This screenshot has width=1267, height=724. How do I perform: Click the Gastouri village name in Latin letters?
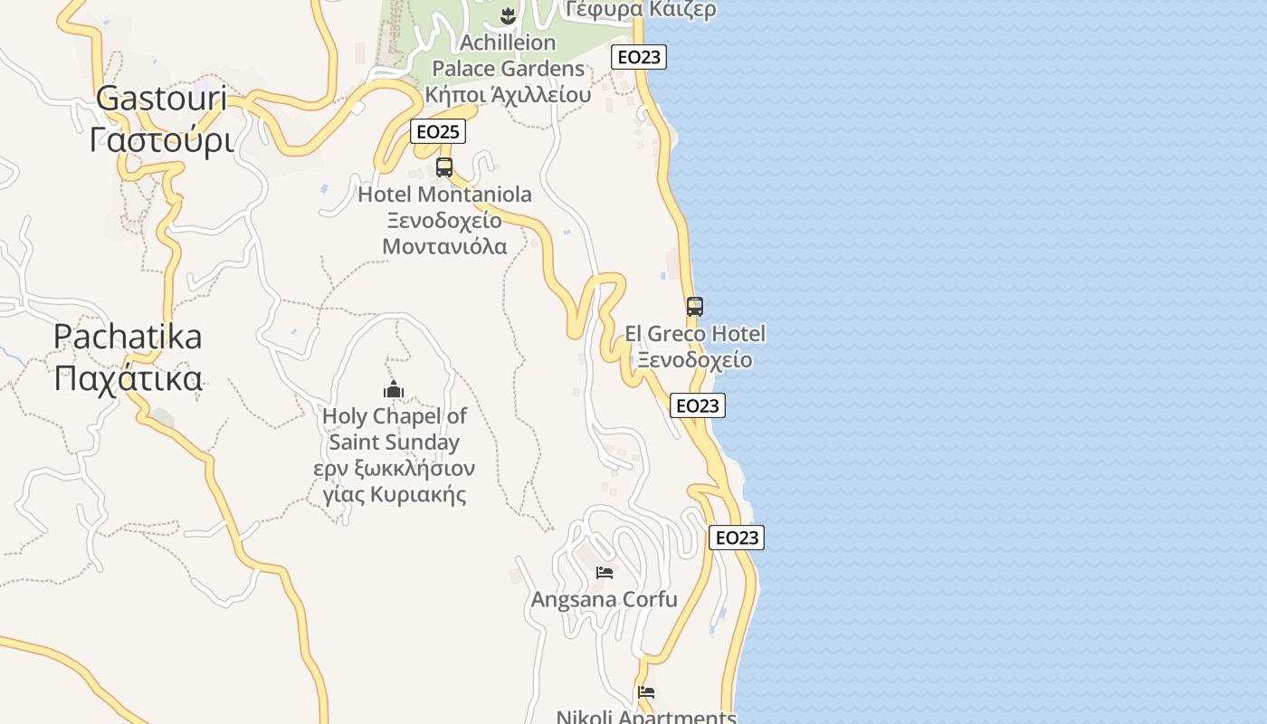161,99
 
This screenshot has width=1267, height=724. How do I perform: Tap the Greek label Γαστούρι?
161,139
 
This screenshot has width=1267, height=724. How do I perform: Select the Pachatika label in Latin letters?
128,337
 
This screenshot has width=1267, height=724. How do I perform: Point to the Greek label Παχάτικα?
128,377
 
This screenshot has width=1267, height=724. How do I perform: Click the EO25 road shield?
437,131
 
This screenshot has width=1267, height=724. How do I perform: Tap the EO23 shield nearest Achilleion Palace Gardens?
638,57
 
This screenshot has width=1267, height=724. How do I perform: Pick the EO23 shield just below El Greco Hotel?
698,405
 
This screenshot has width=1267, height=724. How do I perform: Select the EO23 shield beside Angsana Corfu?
737,538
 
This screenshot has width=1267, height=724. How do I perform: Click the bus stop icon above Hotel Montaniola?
444,167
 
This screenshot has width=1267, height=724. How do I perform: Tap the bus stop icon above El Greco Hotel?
695,307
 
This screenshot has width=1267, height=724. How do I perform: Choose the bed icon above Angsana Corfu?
605,572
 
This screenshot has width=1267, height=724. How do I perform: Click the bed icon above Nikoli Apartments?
646,692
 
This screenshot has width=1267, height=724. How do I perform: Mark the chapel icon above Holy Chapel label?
394,389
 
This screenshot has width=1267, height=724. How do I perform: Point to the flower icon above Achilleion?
508,15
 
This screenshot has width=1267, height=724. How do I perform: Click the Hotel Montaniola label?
444,195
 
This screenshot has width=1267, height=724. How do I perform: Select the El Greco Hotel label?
695,334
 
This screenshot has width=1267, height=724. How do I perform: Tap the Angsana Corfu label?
604,599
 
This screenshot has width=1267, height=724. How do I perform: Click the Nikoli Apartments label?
646,717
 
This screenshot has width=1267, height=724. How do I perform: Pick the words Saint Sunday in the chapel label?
394,443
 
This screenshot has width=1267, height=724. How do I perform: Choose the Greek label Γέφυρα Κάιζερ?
641,10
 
